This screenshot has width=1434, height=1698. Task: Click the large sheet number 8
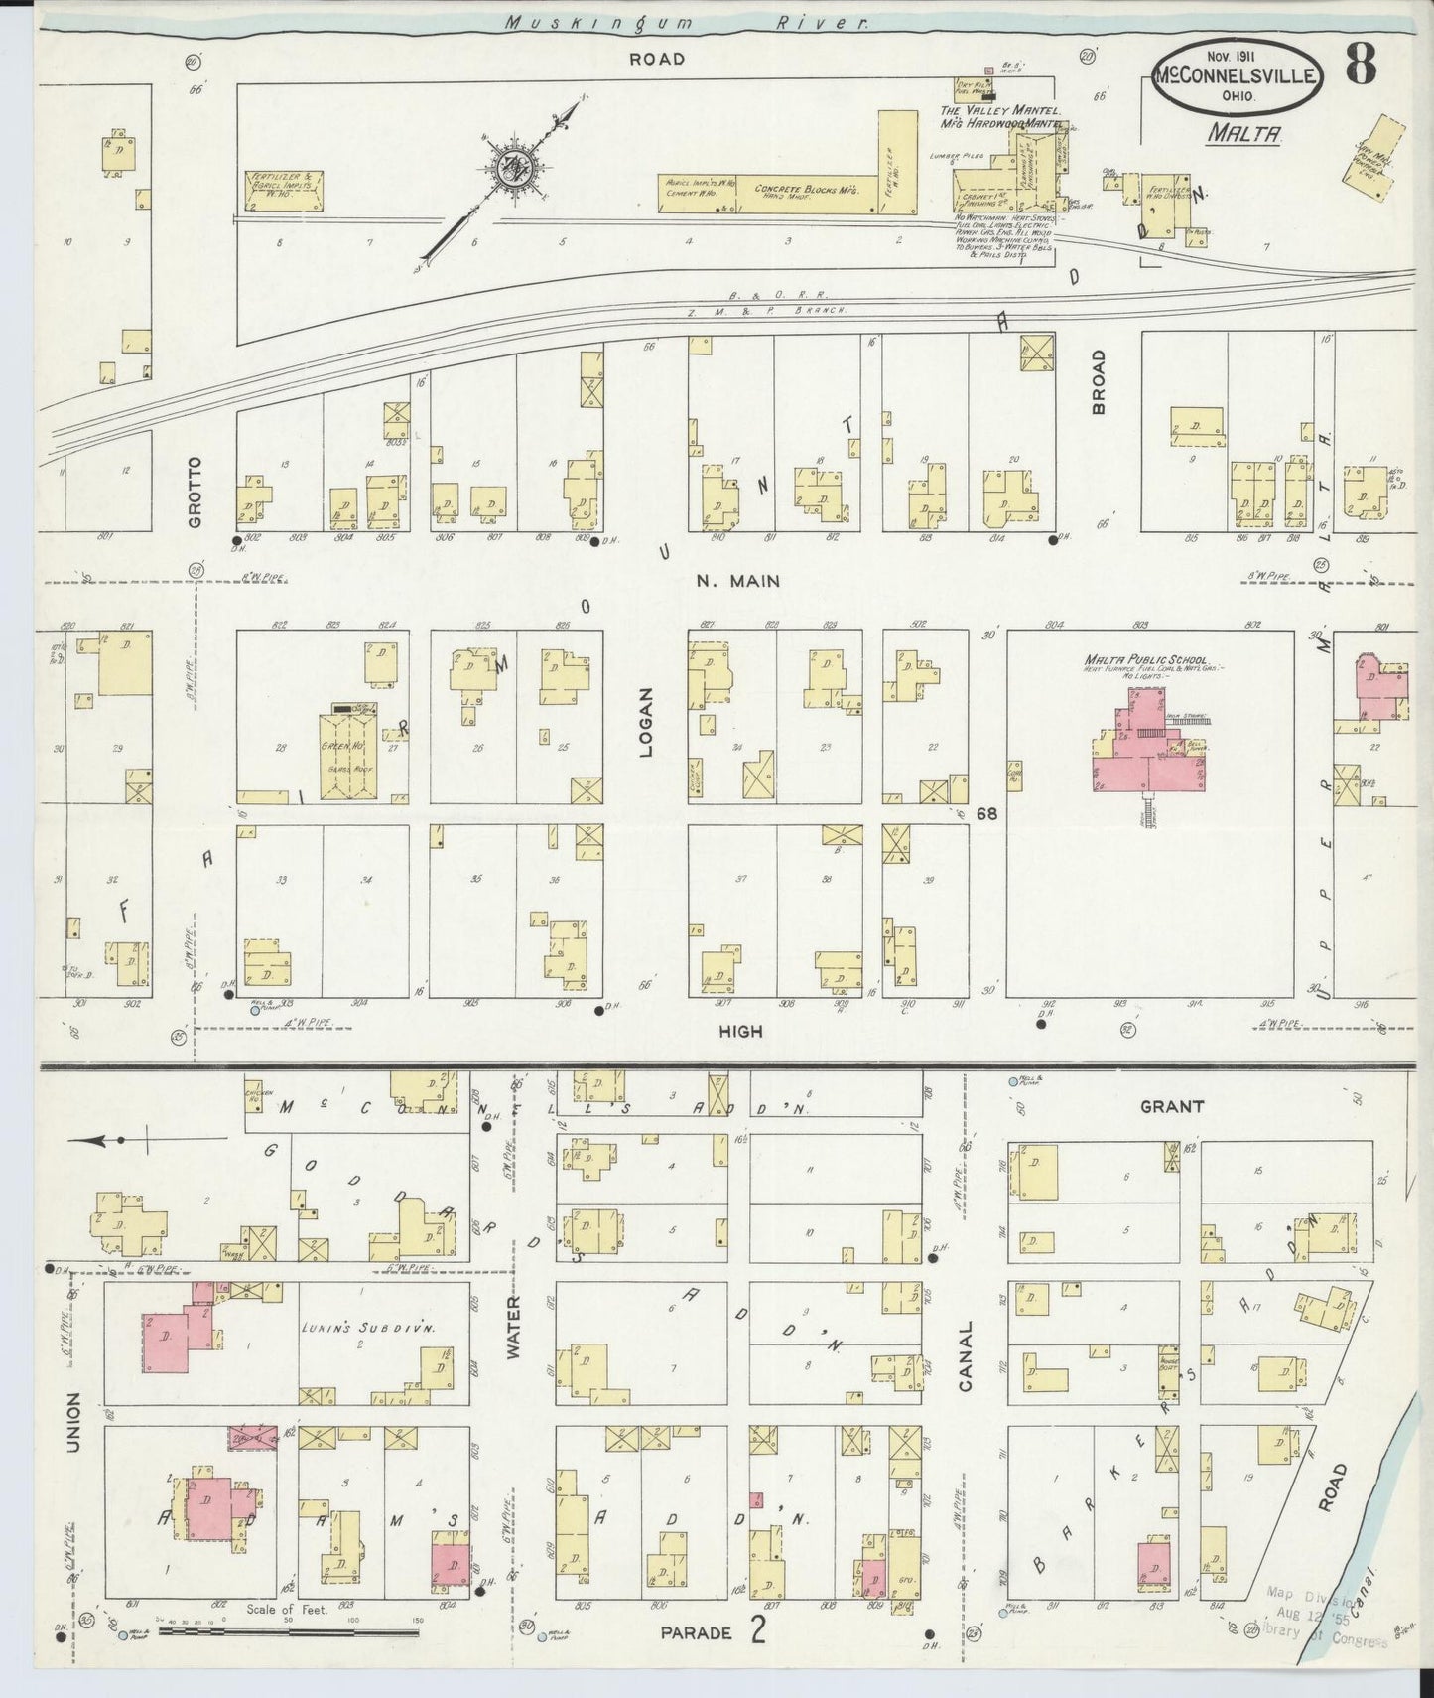[x=1361, y=68]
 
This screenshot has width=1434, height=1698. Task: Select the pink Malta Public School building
[x=1151, y=750]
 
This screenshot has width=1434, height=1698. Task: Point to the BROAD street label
[x=1099, y=382]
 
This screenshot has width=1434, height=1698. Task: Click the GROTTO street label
[x=195, y=492]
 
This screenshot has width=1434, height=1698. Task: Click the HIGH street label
[x=741, y=1032]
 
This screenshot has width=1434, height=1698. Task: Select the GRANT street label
[x=1171, y=1106]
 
